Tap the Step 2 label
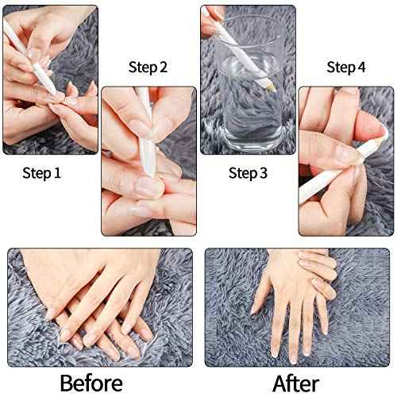pyautogui.click(x=148, y=67)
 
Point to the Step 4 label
pyautogui.click(x=347, y=67)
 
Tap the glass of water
pyautogui.click(x=246, y=103)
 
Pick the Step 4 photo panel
pyautogui.click(x=347, y=159)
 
